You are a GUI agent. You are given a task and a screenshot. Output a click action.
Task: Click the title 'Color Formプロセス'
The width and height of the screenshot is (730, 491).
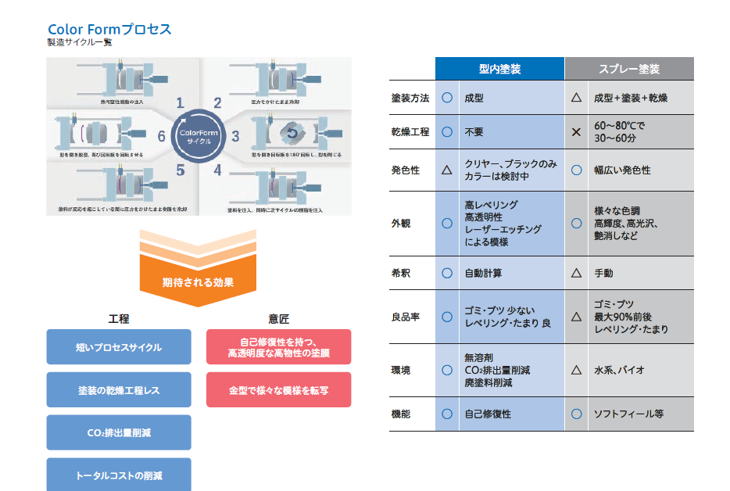[109, 30]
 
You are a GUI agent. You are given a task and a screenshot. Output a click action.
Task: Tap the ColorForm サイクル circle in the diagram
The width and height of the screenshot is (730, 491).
[199, 135]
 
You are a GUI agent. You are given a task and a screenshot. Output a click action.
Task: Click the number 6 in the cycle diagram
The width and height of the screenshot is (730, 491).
[161, 137]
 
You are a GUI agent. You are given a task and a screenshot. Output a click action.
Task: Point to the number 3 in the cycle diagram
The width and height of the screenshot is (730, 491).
[235, 137]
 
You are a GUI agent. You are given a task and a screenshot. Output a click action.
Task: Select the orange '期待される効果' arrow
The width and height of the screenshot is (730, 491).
[198, 282]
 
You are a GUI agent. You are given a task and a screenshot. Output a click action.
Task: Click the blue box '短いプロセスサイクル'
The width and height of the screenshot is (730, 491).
[119, 347]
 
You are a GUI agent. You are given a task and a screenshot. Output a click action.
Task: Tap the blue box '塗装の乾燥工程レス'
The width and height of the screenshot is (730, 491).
[119, 389]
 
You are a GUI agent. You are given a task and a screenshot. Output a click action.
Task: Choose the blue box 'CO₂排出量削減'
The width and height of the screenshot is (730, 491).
[119, 432]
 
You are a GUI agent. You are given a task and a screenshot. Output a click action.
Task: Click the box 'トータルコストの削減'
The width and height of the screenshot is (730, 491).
[119, 474]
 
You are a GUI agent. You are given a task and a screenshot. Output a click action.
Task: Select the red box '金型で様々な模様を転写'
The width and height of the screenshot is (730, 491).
[278, 389]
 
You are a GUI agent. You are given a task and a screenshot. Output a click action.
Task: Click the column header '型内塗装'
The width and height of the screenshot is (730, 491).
[499, 69]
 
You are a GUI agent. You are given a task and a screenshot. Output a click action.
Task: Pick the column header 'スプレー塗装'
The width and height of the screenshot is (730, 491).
[629, 69]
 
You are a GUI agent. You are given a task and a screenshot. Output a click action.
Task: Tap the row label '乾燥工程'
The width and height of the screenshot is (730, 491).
[410, 132]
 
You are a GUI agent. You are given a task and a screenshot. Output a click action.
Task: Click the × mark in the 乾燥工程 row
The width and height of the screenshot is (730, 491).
[576, 132]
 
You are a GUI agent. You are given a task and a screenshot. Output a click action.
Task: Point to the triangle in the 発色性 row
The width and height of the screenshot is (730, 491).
[447, 170]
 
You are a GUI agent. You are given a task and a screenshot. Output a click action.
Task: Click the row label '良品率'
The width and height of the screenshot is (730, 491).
[406, 317]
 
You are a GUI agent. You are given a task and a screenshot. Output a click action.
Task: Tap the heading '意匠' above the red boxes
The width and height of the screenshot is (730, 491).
[278, 319]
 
